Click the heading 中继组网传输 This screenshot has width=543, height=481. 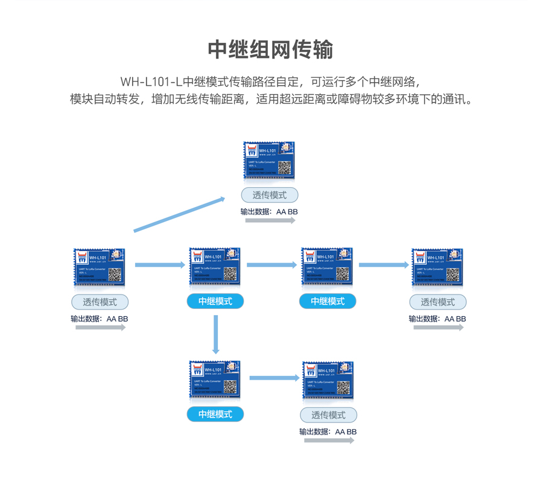[270, 49]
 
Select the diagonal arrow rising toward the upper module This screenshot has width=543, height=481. [179, 214]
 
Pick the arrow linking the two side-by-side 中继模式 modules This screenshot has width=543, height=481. [271, 264]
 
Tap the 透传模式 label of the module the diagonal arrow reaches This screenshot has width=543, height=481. [269, 195]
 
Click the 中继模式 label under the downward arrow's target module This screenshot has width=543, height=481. [215, 414]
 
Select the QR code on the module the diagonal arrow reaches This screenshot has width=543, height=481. [284, 167]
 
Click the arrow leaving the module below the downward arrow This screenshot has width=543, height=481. [275, 378]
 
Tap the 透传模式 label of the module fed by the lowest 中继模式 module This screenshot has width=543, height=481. [328, 415]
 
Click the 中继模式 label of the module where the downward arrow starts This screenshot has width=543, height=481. [215, 301]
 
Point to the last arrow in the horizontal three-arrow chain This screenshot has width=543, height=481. [384, 264]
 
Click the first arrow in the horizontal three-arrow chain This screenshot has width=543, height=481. [160, 264]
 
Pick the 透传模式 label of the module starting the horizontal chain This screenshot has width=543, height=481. [100, 302]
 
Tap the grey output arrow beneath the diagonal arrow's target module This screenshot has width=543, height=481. [270, 220]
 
